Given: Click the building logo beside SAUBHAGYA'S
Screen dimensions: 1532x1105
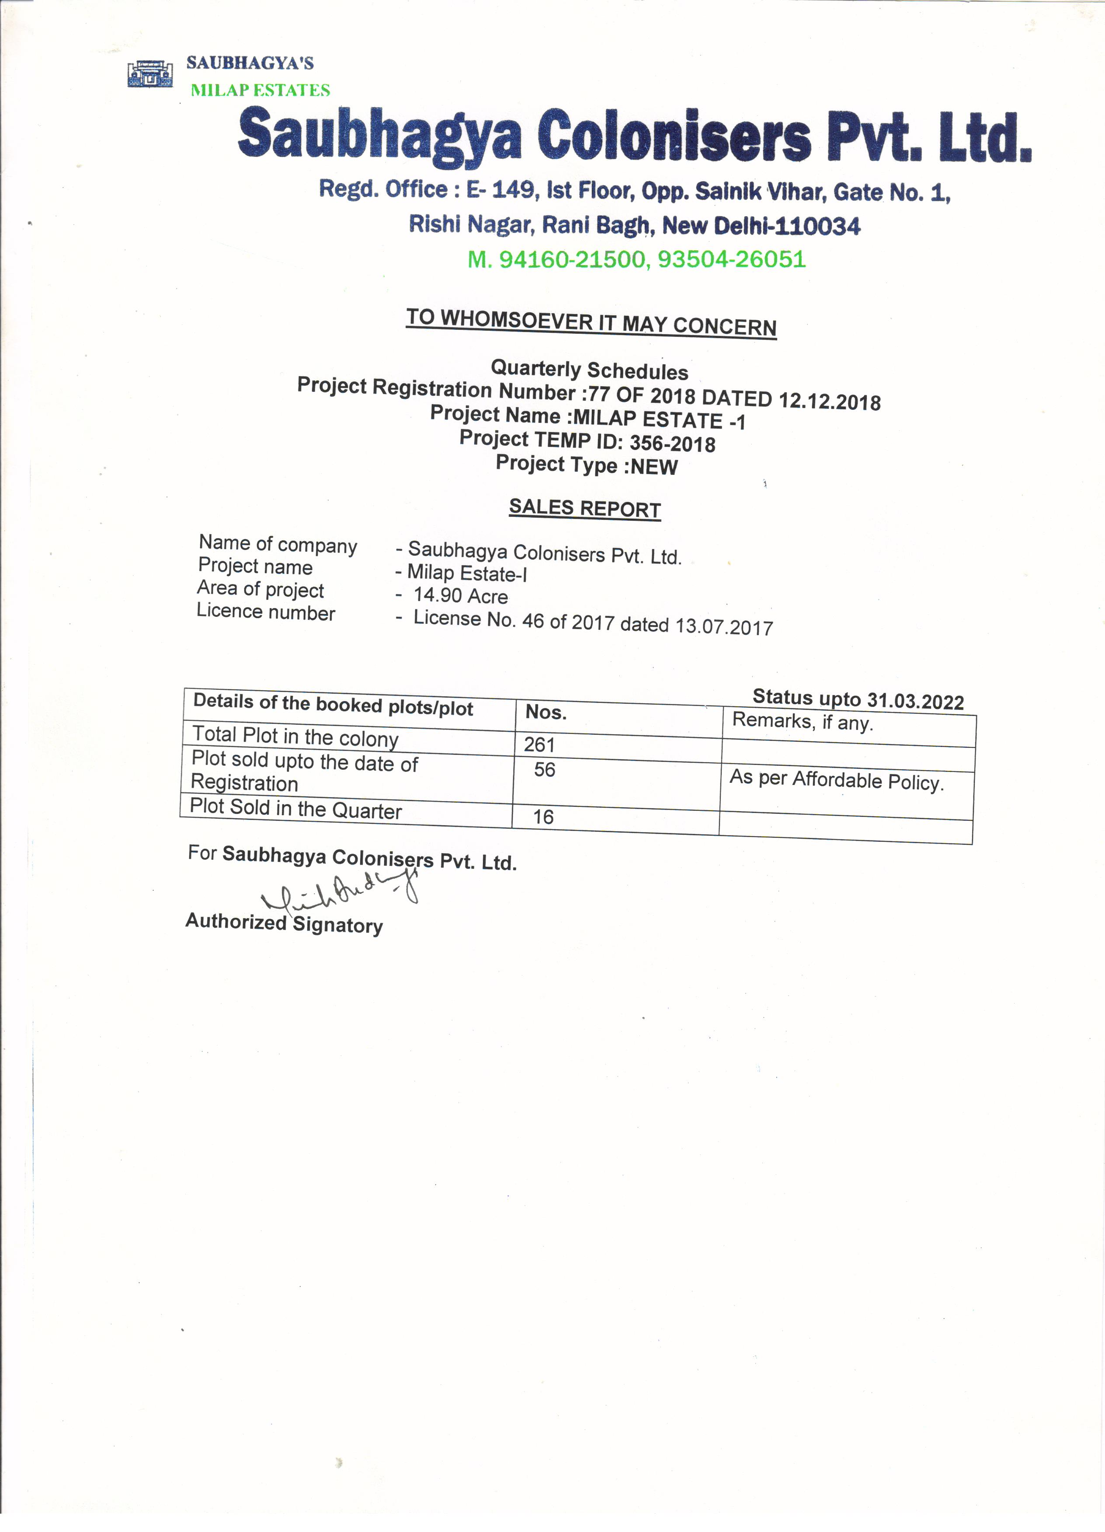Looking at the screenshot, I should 150,73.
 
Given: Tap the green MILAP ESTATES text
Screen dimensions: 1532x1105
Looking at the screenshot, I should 260,90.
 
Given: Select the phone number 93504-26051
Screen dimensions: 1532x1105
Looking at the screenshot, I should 732,259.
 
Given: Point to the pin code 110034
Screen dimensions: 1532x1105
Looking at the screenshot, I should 818,226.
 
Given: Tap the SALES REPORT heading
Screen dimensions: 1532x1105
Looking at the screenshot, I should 584,508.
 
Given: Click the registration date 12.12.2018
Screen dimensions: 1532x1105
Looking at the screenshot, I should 830,401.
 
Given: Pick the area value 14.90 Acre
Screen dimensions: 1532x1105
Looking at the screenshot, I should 460,596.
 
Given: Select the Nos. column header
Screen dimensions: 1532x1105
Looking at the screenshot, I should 546,712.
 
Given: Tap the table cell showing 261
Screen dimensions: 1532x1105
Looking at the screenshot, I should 539,744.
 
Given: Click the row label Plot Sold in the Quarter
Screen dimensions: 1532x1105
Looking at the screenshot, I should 296,809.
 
